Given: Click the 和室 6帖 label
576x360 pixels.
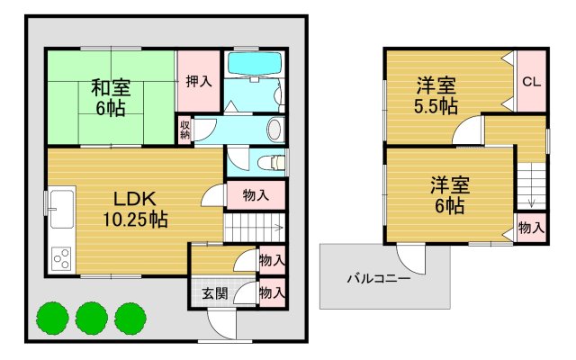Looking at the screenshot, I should click(x=110, y=97).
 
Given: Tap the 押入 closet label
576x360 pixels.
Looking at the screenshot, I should click(x=198, y=81).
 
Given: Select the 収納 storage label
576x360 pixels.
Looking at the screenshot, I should click(x=184, y=130).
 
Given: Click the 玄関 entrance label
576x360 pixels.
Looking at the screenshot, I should click(x=213, y=292).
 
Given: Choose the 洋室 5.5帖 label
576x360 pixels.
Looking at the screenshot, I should click(x=436, y=96).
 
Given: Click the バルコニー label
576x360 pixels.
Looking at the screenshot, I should click(x=379, y=278).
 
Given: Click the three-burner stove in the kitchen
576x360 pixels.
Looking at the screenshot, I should click(x=62, y=259).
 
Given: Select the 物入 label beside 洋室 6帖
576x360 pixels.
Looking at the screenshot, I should click(x=531, y=229).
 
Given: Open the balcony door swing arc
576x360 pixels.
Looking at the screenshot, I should click(x=411, y=261).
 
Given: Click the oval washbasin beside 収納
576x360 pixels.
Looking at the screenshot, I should click(x=275, y=130).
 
